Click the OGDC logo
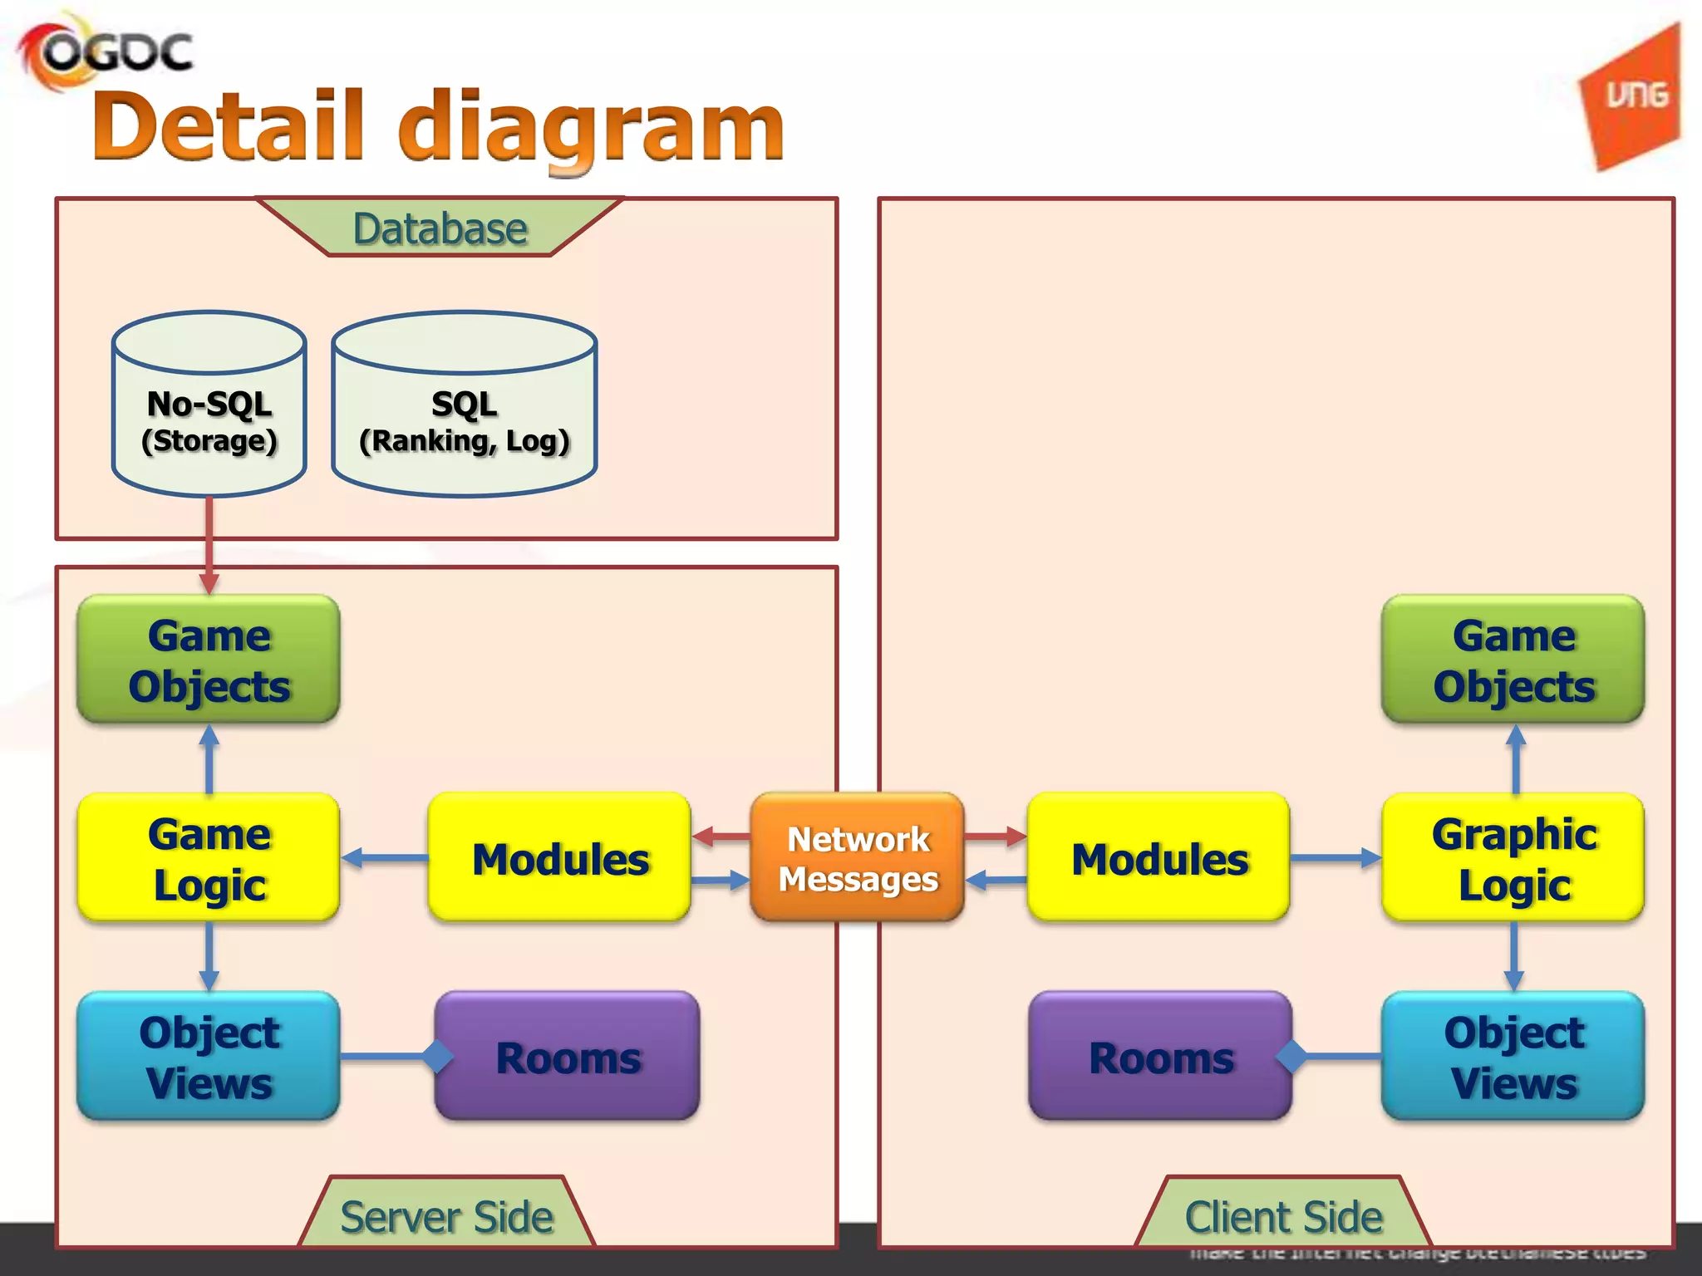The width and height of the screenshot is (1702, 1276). [106, 52]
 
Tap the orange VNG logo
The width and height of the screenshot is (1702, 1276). [1634, 98]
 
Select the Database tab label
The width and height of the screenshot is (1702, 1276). [440, 228]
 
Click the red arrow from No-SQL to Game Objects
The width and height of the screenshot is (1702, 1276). [209, 544]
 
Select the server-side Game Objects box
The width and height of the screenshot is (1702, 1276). [209, 660]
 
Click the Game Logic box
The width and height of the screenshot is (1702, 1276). [209, 858]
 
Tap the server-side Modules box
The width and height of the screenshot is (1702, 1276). [559, 858]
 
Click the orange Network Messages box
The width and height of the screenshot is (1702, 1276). [858, 858]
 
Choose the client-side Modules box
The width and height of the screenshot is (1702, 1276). [1159, 858]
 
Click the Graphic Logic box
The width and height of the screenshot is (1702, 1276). [1513, 858]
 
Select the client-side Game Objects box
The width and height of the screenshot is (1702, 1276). [1513, 660]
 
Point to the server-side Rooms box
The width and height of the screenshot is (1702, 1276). [568, 1057]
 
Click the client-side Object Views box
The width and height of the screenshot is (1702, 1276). [1513, 1057]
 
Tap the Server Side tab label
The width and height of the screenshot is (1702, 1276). [446, 1217]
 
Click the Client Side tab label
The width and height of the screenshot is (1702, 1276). [1283, 1217]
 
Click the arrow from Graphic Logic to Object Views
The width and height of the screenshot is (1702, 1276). [1514, 955]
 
